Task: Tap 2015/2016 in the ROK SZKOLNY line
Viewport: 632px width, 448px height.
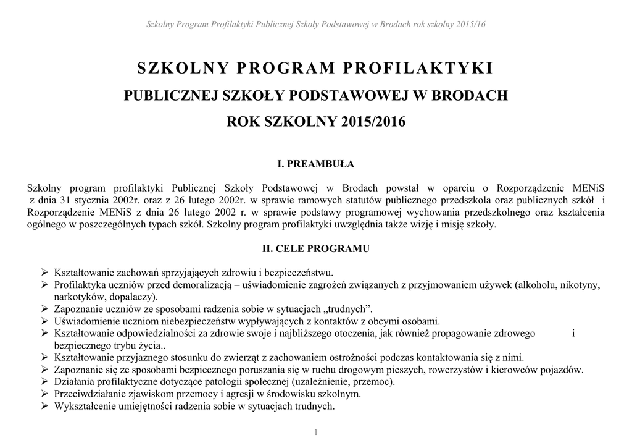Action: (x=373, y=122)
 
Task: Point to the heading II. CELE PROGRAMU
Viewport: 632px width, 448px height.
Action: (x=316, y=249)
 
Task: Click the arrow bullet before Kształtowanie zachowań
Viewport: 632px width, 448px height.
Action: (x=44, y=273)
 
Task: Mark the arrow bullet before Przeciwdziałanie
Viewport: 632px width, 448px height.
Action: (x=44, y=394)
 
